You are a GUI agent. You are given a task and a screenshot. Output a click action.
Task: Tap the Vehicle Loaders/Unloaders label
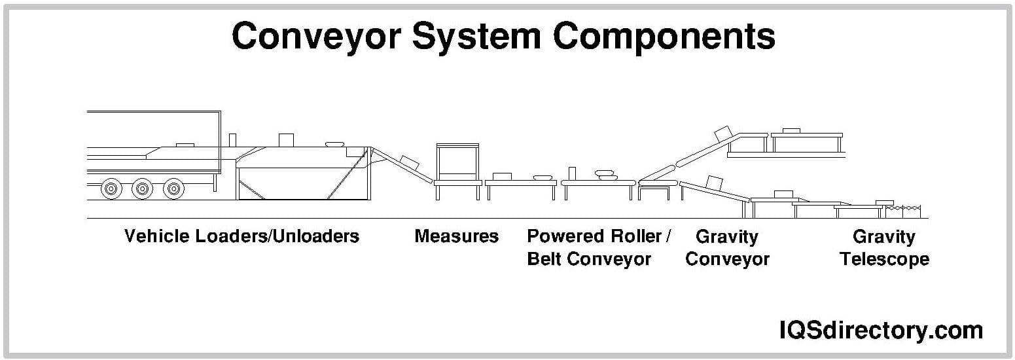click(x=241, y=236)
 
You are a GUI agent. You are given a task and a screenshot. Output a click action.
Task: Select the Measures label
click(x=456, y=236)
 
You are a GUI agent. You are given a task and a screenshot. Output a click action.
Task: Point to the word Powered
click(x=566, y=236)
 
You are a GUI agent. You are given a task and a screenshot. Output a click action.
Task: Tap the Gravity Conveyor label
click(x=727, y=247)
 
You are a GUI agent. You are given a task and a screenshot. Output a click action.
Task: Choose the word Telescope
click(x=884, y=259)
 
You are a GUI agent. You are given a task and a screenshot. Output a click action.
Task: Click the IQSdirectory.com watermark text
click(x=881, y=330)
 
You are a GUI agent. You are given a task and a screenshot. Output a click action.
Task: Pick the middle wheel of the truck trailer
click(x=142, y=189)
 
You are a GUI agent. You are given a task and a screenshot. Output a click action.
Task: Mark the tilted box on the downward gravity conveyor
click(x=715, y=181)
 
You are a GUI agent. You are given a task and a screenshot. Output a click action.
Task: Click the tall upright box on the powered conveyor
click(x=572, y=173)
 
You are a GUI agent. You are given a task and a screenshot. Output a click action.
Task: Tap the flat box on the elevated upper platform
click(x=791, y=130)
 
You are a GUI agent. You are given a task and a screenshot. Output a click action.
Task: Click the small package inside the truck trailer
click(x=185, y=143)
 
